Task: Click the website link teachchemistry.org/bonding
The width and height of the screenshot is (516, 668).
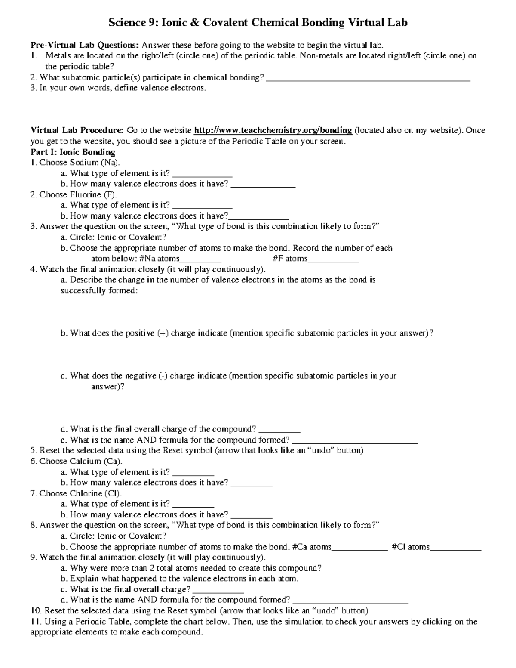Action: click(273, 130)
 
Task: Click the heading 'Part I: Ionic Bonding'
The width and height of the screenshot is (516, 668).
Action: click(73, 152)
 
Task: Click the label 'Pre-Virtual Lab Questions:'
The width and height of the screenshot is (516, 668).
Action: click(85, 45)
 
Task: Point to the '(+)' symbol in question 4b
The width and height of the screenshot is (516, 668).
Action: click(163, 333)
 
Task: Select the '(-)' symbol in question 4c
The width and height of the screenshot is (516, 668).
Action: click(163, 376)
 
